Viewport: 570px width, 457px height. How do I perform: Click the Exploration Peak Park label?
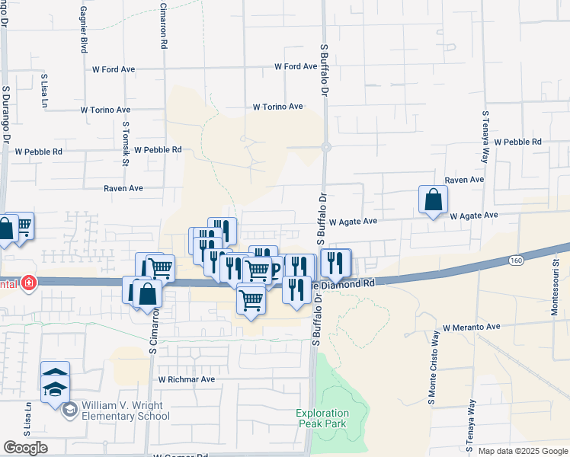coord(321,418)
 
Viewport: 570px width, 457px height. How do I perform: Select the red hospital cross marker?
coord(29,283)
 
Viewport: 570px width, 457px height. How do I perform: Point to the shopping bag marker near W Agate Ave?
coord(433,200)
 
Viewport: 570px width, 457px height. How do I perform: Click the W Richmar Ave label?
coord(187,379)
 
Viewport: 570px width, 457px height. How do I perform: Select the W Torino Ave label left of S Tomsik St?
coord(105,110)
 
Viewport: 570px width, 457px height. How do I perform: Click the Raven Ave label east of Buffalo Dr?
coord(464,180)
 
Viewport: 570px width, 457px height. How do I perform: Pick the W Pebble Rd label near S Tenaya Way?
coord(517,142)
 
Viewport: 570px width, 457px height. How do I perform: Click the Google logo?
coord(25,448)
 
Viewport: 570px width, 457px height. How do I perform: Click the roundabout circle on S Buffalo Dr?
coord(325,147)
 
